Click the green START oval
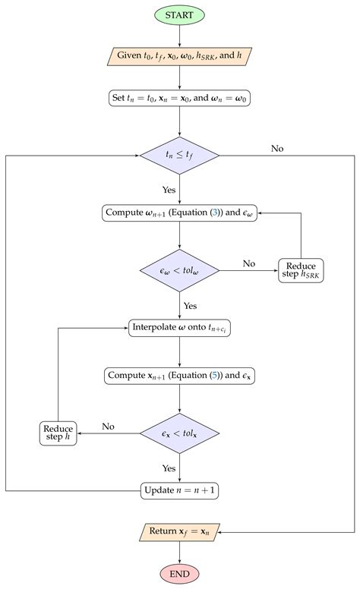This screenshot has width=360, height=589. click(x=180, y=14)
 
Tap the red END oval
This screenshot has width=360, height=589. click(x=180, y=573)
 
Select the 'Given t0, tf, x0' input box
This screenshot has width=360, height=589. click(x=180, y=55)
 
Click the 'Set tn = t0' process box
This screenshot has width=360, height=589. click(x=180, y=97)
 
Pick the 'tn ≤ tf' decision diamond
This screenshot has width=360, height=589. click(x=180, y=156)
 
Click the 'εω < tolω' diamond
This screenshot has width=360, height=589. click(x=180, y=270)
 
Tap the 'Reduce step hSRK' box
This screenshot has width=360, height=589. click(x=302, y=270)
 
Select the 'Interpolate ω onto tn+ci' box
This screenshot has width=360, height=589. click(x=180, y=328)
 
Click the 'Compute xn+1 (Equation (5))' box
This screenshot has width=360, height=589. click(x=180, y=375)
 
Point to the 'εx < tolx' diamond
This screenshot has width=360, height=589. click(x=180, y=433)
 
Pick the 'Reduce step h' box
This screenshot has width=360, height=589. click(x=58, y=433)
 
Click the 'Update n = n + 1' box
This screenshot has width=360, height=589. click(x=180, y=490)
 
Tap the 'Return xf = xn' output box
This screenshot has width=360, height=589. click(x=180, y=532)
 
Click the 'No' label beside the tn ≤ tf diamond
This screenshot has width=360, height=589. click(x=278, y=149)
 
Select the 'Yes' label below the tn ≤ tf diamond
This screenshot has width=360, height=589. click(x=169, y=190)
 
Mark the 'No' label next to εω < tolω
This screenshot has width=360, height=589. click(x=248, y=263)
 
